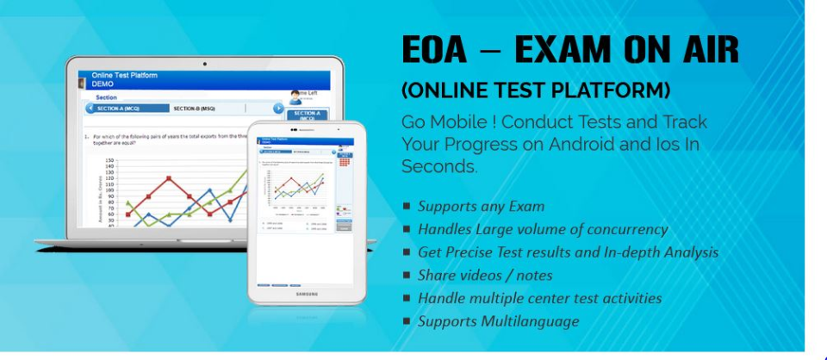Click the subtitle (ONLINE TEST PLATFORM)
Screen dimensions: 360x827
(x=536, y=90)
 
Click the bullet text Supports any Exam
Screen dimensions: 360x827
(x=481, y=206)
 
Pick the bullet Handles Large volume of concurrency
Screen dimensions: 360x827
(x=543, y=229)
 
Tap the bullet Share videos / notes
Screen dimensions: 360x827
(x=485, y=276)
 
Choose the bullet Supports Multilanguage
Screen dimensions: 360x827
(x=498, y=321)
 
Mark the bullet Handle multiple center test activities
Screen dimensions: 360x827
(x=539, y=298)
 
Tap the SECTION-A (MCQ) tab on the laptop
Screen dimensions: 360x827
(x=120, y=109)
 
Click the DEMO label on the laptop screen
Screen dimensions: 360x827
(x=103, y=84)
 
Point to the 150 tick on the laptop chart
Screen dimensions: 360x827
(x=109, y=161)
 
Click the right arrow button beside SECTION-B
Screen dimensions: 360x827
(x=278, y=109)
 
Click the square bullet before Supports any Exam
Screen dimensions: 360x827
(x=407, y=206)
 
